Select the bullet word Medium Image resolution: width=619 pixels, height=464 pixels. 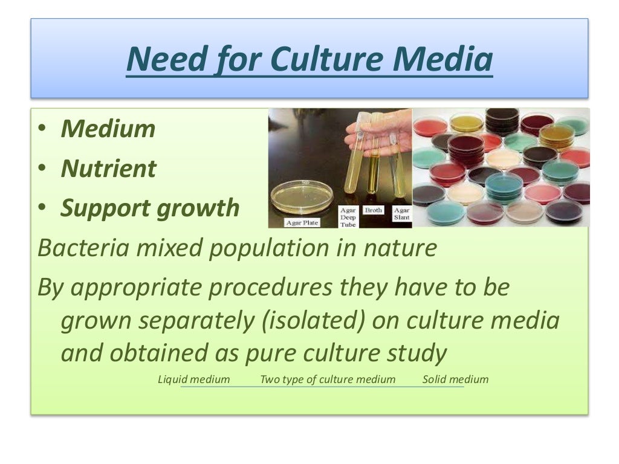point(108,129)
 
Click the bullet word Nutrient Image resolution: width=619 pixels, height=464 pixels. point(108,169)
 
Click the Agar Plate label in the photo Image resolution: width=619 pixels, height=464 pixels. point(301,222)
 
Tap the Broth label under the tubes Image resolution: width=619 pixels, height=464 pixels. point(373,210)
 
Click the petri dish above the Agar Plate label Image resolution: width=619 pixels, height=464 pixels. point(302,196)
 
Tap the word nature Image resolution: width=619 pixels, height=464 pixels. point(403,248)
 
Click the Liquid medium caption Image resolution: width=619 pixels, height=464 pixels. point(193,379)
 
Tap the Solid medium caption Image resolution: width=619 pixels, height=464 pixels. point(455,379)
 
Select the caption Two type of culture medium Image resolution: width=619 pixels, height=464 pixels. point(328,379)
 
